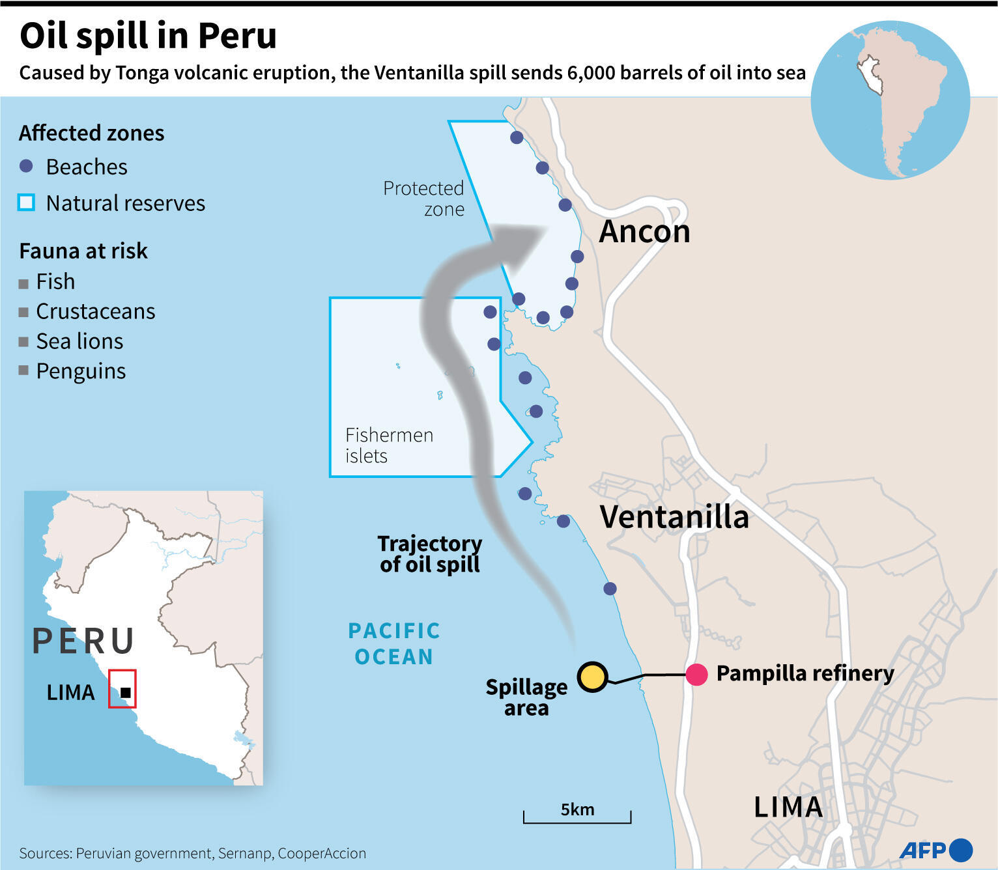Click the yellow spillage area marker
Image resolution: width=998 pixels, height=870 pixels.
pos(592,677)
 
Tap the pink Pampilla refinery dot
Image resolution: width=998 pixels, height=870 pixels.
pos(696,675)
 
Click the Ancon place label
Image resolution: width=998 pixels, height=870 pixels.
pos(644,232)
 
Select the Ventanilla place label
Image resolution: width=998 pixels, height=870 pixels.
pos(674,517)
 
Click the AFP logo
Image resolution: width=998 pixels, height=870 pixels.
pos(935,850)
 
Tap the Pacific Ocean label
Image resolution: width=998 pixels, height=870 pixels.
pos(394,643)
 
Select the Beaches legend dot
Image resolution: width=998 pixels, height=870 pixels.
pos(26,166)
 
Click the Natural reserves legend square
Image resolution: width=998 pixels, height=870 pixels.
pos(26,203)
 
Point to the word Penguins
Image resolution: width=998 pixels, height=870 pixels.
pos(81,371)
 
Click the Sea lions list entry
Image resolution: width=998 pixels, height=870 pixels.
pos(79,341)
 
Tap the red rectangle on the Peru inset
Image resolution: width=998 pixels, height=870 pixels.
pos(122,689)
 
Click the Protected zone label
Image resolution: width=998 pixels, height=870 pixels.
pos(424,199)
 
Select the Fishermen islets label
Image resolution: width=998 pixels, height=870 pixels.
pos(389,445)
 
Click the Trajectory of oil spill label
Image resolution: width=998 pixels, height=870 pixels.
pos(430,554)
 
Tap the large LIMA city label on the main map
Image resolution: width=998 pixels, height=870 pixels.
pos(788,807)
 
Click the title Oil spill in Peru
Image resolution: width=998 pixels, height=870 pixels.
pos(149,36)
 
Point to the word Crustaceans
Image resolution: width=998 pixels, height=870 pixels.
pos(95,311)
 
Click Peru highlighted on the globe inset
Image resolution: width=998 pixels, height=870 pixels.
pos(869,73)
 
